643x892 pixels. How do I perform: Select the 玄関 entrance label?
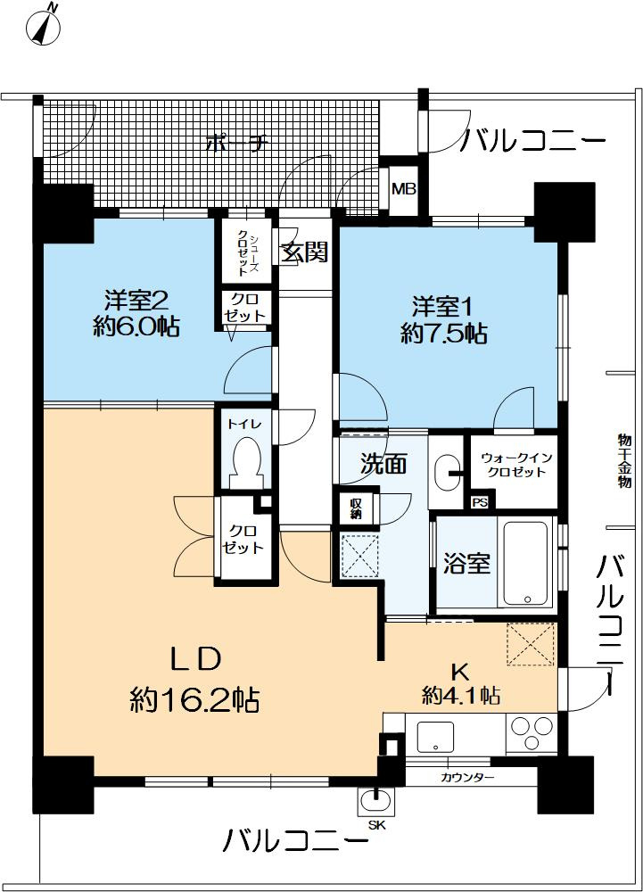[305, 252]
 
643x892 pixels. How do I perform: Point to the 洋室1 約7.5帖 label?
[443, 320]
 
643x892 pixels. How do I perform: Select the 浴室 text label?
[466, 564]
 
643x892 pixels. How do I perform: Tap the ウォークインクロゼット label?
[517, 465]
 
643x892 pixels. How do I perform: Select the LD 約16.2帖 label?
[194, 680]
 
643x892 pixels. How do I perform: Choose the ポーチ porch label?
[235, 143]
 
